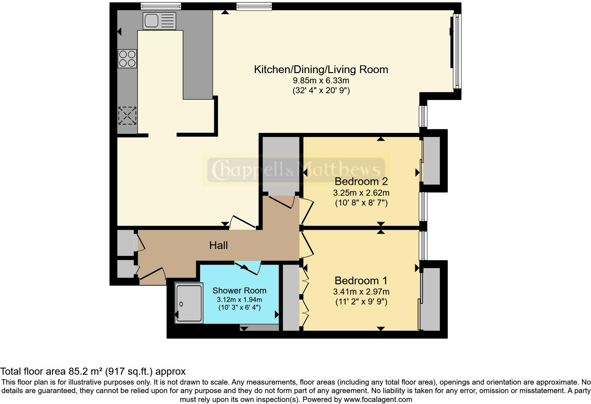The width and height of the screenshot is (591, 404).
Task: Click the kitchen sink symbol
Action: pyautogui.click(x=159, y=21)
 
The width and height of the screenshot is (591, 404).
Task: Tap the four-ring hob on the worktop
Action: pyautogui.click(x=127, y=59)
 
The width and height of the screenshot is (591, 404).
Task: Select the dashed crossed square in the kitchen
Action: pyautogui.click(x=127, y=115)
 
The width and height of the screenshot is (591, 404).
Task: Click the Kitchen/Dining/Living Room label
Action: pyautogui.click(x=321, y=69)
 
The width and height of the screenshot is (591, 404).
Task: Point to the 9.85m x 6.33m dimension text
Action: pyautogui.click(x=321, y=81)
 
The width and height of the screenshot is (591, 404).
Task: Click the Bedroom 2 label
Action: pyautogui.click(x=361, y=181)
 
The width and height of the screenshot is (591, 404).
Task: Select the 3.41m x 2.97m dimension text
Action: pyautogui.click(x=361, y=292)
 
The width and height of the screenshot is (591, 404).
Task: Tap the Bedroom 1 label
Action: pyautogui.click(x=361, y=280)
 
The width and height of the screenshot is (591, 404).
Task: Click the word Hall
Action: pyautogui.click(x=218, y=245)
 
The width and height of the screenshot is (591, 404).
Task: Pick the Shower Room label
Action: pyautogui.click(x=239, y=290)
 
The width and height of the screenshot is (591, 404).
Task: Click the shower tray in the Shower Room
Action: pyautogui.click(x=189, y=303)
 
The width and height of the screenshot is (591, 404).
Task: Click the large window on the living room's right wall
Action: pyautogui.click(x=457, y=51)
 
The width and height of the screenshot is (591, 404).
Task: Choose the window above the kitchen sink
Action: pyautogui.click(x=161, y=6)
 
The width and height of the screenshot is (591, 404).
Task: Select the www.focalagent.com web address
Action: pyautogui.click(x=378, y=399)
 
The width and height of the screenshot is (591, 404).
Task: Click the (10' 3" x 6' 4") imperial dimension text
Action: pyautogui.click(x=239, y=307)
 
